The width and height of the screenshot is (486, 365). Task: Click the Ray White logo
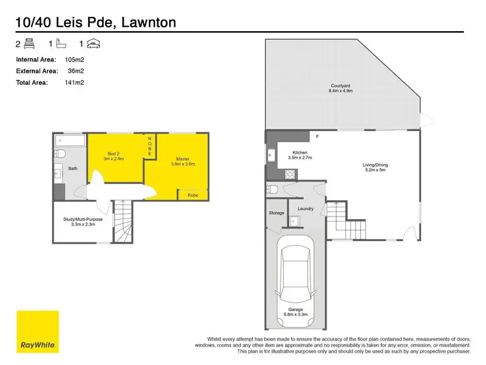tap(38, 331)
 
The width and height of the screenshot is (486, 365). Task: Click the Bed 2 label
tap(113, 156)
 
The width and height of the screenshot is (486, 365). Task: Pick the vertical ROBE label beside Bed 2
tap(150, 146)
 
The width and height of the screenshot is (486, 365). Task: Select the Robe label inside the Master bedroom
tap(192, 194)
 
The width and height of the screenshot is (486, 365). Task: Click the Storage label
tap(276, 213)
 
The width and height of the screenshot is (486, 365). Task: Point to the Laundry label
tap(305, 209)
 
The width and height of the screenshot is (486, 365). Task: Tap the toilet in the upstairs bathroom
tap(60, 154)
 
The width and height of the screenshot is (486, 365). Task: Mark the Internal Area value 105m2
tap(75, 59)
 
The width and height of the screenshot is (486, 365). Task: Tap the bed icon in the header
tap(28, 44)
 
